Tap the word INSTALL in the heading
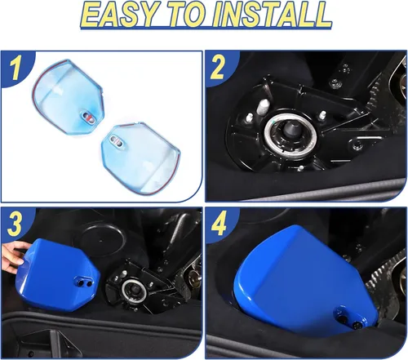point(271,15)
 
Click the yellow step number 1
point(15,69)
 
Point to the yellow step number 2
point(217,69)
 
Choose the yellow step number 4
point(219,224)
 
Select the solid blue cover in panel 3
point(58,274)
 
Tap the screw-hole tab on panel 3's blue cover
point(84,282)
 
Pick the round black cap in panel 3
point(100,240)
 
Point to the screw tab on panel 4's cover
point(350,318)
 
